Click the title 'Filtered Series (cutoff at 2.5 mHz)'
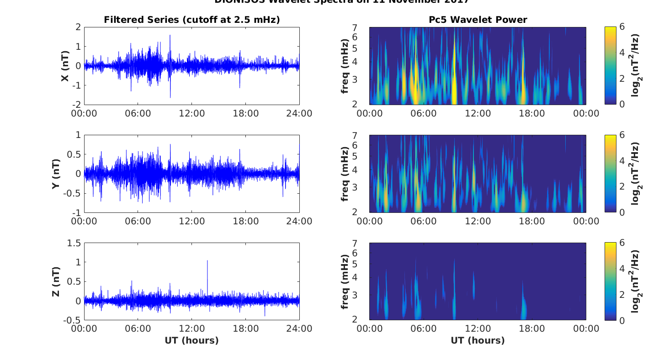click(x=191, y=20)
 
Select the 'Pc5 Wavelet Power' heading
click(x=478, y=20)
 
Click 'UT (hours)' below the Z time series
click(x=191, y=340)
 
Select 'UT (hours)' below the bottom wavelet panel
click(x=478, y=340)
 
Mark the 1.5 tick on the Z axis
click(x=74, y=243)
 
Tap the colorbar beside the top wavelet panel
click(x=610, y=66)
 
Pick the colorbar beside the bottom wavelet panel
click(x=610, y=281)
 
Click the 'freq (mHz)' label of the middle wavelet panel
click(x=345, y=174)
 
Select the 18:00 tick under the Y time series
click(x=245, y=222)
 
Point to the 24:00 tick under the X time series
click(x=299, y=114)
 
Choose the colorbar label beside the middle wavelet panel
click(x=635, y=174)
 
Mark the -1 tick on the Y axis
click(x=75, y=213)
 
